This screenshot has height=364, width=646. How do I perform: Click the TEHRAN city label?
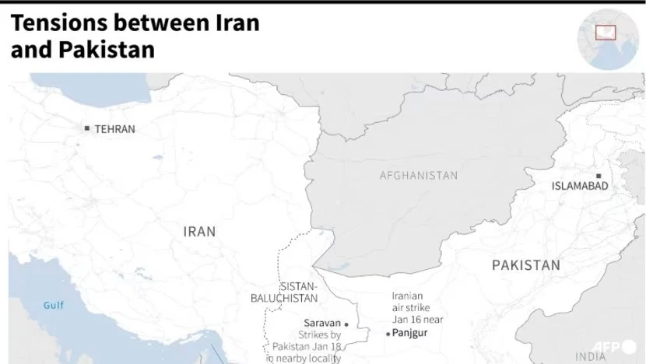114,129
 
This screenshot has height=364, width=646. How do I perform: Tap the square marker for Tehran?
87,128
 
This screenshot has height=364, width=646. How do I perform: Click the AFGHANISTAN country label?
419,176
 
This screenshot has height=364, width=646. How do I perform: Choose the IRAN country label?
199,231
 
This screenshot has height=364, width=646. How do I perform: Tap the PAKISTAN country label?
525,266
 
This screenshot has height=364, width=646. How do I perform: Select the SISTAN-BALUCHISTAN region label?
279,292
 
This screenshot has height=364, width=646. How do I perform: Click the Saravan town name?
321,323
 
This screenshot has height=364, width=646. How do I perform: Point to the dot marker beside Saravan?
346,324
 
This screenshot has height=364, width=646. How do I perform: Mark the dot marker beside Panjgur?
388,334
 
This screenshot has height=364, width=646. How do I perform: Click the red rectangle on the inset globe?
606,33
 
